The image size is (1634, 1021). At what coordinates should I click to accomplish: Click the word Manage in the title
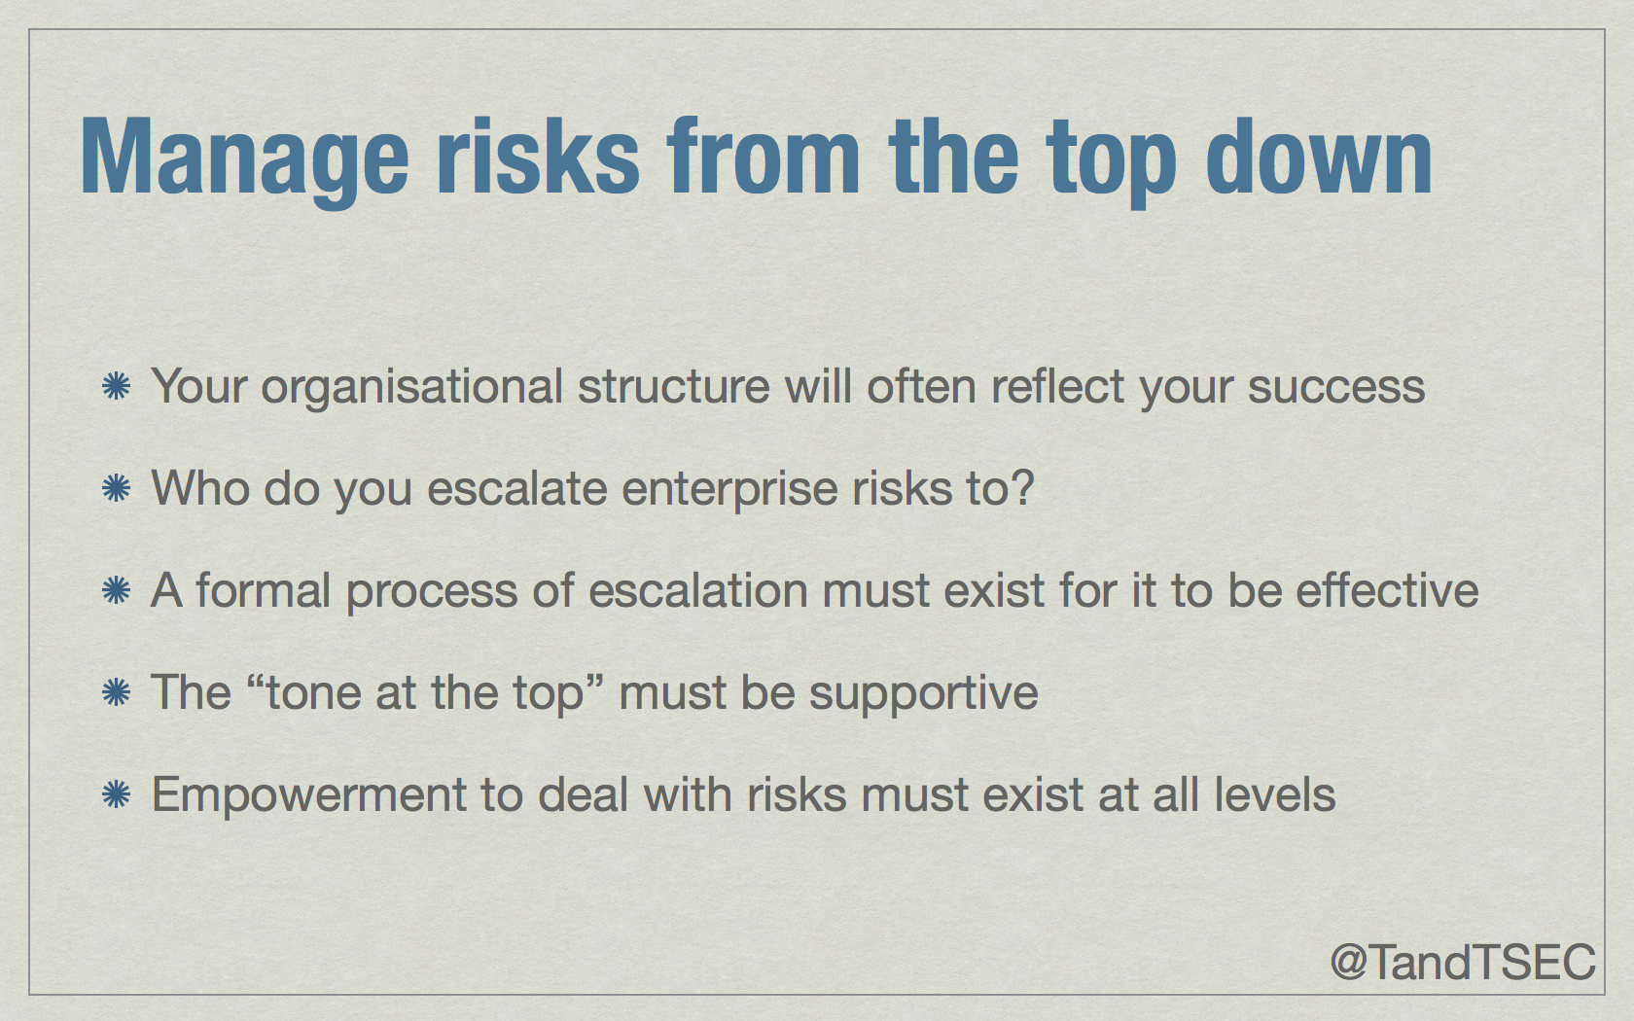tap(244, 159)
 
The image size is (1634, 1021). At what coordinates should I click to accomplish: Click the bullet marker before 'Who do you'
tap(116, 487)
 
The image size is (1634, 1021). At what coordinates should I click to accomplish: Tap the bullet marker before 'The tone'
tap(116, 691)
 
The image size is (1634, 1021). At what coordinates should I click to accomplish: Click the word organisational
tap(412, 388)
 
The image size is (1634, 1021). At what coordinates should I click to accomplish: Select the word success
tap(1336, 388)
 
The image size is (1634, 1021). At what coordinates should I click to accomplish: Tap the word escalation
tap(698, 589)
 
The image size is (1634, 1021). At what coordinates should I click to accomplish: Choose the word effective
tap(1387, 589)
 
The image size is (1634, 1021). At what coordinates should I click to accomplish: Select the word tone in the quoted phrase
tap(313, 692)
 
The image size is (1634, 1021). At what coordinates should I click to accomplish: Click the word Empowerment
tap(308, 796)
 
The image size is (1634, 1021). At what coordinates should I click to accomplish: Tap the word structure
tap(673, 387)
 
